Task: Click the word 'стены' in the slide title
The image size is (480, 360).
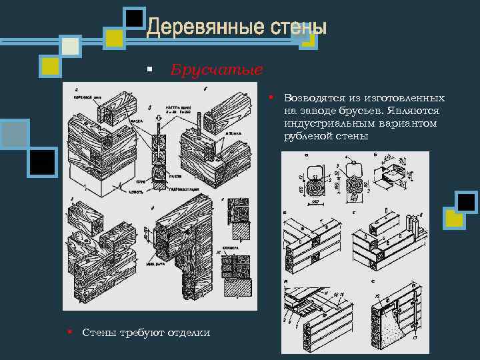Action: [298, 28]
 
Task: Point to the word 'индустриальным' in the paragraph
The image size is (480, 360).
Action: [323, 123]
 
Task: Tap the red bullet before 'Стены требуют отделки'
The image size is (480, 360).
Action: [69, 331]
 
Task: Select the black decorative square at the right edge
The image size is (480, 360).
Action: [466, 202]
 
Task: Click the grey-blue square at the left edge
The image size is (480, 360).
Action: [14, 133]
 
